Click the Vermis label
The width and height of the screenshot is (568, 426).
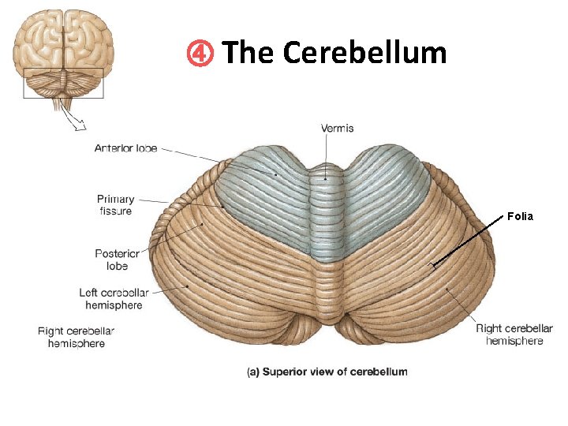point(337,128)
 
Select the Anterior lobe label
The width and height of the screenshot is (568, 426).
point(125,148)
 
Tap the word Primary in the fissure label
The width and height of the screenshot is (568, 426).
point(115,200)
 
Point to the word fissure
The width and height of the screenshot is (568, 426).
point(115,211)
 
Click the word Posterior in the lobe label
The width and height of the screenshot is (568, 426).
point(117,254)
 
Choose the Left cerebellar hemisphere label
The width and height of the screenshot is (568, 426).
point(114,298)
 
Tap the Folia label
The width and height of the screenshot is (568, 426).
point(520,215)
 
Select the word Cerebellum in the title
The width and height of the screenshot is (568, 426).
point(364,53)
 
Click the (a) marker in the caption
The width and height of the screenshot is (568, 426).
point(253,372)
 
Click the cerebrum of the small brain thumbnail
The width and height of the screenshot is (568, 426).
point(64,39)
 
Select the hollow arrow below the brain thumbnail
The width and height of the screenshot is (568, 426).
point(77,120)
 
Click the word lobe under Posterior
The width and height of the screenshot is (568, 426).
point(117,266)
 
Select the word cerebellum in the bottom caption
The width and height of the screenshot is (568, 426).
point(381,372)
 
